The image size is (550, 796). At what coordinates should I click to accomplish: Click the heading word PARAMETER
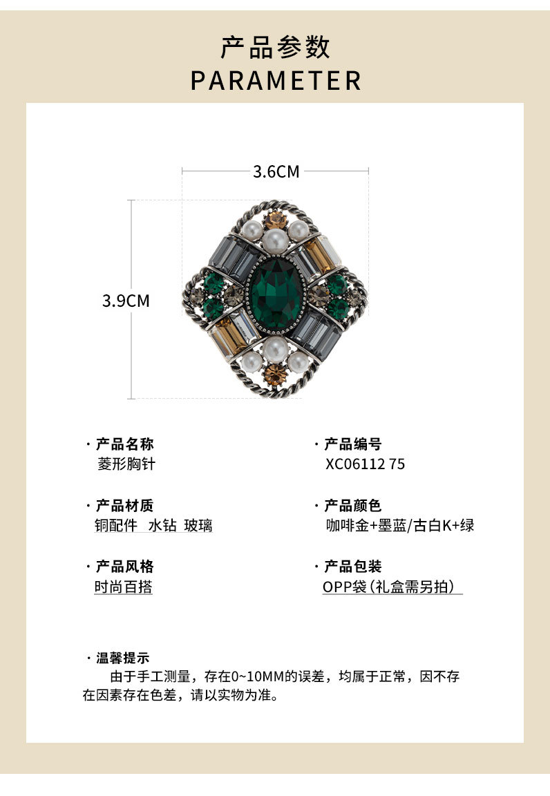tap(276, 80)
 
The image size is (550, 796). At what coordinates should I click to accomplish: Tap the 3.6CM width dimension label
tap(276, 171)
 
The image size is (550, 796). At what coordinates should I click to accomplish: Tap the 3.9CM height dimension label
tap(126, 301)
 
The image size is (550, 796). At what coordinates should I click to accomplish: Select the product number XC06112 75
tap(365, 464)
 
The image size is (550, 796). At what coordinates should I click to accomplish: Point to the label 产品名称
tap(124, 444)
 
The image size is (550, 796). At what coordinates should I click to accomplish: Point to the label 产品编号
tap(352, 444)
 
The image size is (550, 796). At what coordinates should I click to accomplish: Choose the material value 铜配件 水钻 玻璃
tap(153, 526)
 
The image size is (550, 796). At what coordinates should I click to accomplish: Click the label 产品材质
tap(124, 506)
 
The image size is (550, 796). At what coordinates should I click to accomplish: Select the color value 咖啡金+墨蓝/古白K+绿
tap(399, 526)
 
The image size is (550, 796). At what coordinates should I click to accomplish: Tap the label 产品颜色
tap(352, 506)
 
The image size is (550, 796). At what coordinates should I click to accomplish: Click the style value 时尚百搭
tap(123, 587)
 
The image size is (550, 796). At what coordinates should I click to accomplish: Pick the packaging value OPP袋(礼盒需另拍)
tap(392, 587)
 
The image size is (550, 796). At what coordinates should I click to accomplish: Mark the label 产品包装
tap(352, 567)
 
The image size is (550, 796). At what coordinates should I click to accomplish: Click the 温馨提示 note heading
tap(122, 658)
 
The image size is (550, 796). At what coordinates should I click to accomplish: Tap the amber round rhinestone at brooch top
tap(275, 220)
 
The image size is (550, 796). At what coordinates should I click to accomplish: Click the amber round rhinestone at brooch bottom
tap(275, 376)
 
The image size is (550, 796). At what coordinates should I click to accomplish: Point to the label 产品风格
tap(124, 567)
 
